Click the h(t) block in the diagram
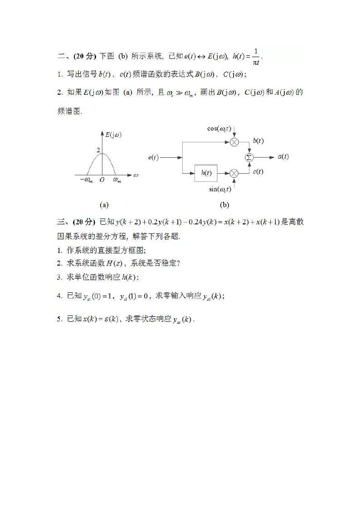coord(206,173)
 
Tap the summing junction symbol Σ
coord(248,157)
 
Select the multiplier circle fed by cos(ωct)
coord(234,142)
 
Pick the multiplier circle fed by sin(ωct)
coord(234,173)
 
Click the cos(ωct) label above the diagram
coord(219,128)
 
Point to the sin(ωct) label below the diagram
coord(220,189)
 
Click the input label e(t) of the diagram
coord(153,157)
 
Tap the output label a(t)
coord(283,157)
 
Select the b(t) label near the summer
coord(258,141)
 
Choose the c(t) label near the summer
coord(258,171)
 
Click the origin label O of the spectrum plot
coord(102,180)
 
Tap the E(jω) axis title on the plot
coord(113,135)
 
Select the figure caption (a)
coord(104,205)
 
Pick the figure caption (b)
coord(224,205)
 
